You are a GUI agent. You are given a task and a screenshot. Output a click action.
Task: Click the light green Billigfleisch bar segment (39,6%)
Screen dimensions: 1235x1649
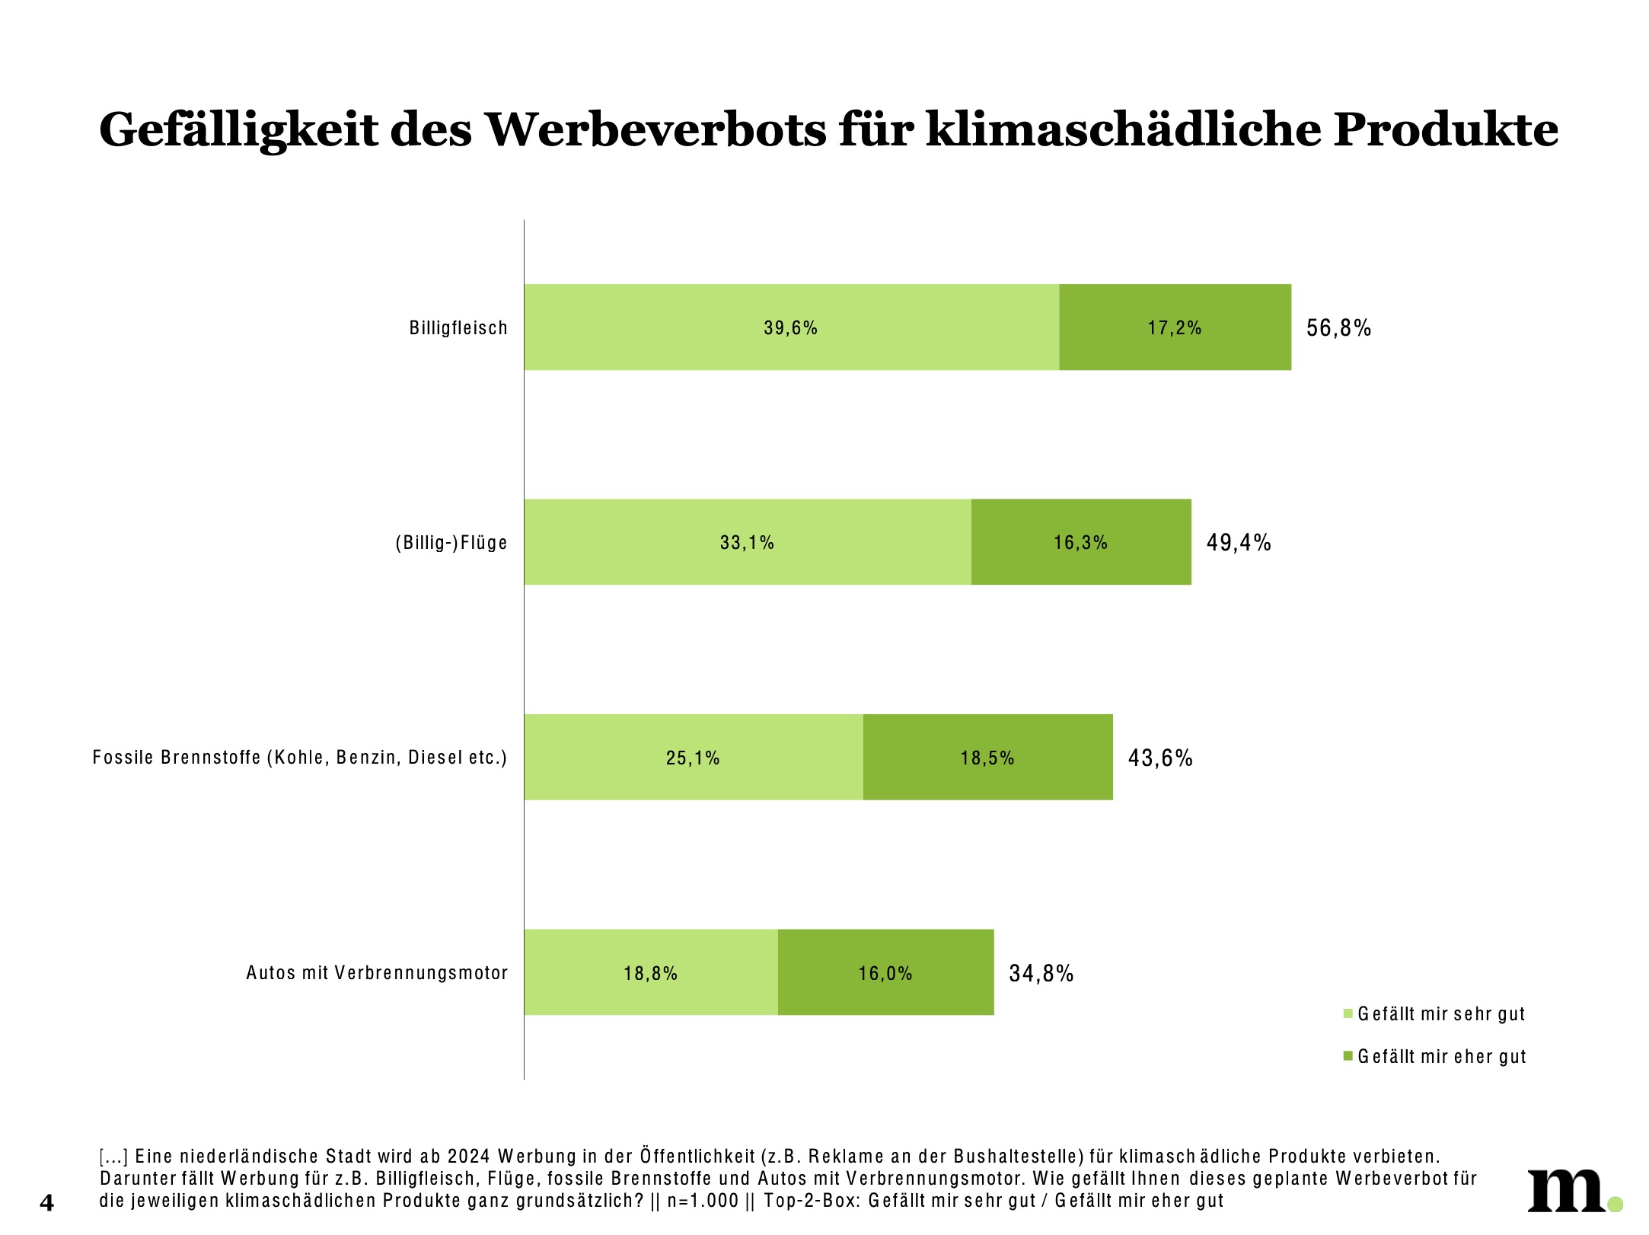tap(791, 327)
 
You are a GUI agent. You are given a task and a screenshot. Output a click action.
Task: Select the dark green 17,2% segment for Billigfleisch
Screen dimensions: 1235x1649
tap(1175, 327)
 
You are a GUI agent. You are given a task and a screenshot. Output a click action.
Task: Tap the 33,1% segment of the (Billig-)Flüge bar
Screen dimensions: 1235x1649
tap(747, 542)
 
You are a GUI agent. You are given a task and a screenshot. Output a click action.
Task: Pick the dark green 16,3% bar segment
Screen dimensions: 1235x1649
tap(1080, 542)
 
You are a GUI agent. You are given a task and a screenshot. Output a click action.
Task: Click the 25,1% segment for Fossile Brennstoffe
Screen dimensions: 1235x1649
tap(693, 758)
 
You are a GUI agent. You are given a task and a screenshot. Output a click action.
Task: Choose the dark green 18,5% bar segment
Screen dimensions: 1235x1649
tap(987, 758)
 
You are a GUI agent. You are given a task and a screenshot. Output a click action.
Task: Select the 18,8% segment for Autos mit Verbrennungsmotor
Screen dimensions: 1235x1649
tap(650, 972)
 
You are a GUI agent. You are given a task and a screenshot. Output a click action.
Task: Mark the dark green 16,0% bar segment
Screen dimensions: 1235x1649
tap(885, 972)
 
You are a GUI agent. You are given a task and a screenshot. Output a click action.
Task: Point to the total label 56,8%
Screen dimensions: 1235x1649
tap(1338, 328)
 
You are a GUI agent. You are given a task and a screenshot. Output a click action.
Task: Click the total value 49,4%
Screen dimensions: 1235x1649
tap(1239, 543)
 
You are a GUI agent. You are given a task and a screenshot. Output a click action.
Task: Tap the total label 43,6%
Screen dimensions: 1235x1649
tap(1159, 758)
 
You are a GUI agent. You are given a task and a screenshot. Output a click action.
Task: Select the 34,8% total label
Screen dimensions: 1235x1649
tap(1041, 973)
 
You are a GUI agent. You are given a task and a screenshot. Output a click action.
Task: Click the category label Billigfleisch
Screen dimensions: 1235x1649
tap(458, 328)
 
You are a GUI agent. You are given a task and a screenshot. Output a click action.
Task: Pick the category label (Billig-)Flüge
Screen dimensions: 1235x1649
tap(451, 543)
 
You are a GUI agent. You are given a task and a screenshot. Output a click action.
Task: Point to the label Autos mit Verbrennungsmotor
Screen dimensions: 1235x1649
tap(377, 973)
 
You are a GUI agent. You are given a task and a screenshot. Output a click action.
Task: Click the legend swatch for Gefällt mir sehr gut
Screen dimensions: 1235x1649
tap(1348, 1013)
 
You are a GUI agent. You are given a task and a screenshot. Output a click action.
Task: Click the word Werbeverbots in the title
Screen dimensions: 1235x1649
tap(655, 129)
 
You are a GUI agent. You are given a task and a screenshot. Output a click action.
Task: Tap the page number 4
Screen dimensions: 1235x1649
tap(47, 1203)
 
